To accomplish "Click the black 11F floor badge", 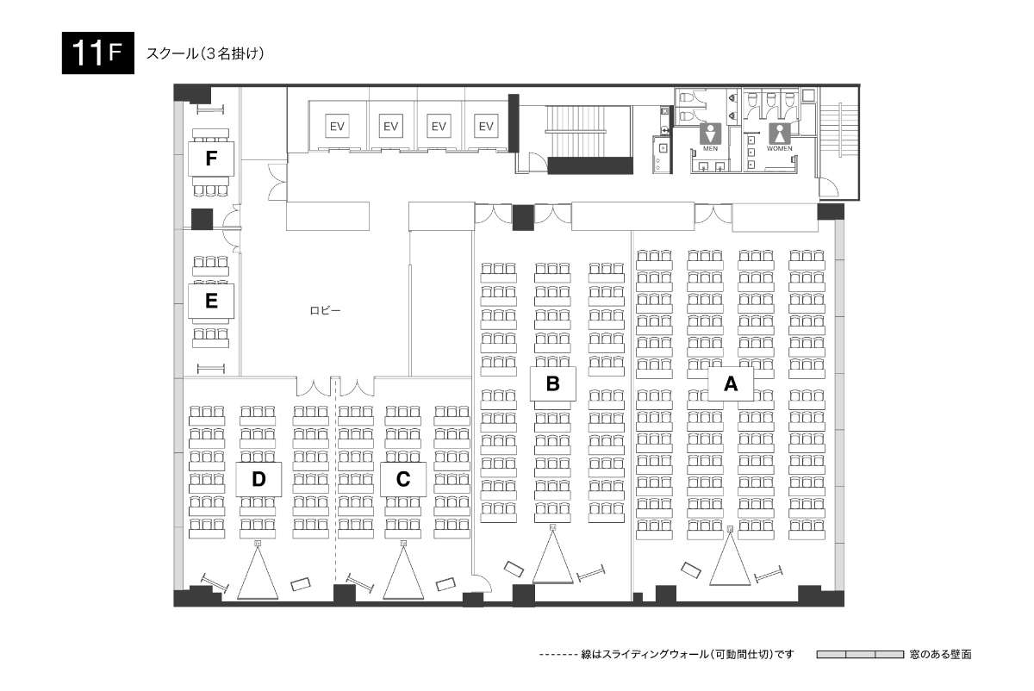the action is click(98, 53).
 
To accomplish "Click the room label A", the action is click(731, 383).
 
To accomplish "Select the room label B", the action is click(552, 383).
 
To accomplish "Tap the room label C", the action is click(403, 479).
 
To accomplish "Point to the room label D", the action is click(258, 479).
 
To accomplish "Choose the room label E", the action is click(211, 301).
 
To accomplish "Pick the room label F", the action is click(211, 159).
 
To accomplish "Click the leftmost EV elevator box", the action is click(337, 126).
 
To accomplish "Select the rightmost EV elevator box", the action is click(486, 126).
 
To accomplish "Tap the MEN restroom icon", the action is click(710, 134).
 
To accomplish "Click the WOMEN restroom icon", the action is click(780, 134).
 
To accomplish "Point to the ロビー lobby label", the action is click(325, 311).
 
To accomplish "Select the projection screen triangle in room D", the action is click(258, 572).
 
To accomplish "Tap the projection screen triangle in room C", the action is click(403, 572).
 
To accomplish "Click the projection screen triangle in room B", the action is click(552, 557).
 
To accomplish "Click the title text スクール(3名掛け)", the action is click(205, 53).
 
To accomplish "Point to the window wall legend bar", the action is click(860, 654).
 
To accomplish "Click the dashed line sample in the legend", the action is click(558, 655).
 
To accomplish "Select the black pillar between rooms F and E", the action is click(202, 219).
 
